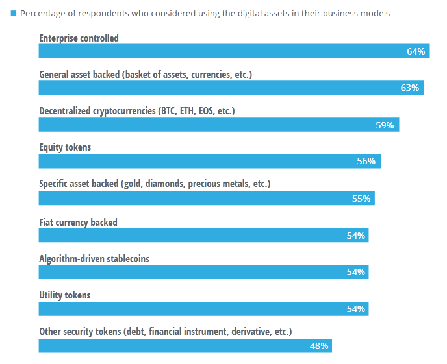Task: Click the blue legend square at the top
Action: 14,13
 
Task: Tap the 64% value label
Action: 416,51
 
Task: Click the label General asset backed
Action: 145,75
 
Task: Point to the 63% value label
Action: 409,88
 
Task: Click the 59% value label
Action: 385,125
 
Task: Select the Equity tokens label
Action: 65,147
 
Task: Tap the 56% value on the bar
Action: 366,162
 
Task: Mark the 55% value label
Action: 361,199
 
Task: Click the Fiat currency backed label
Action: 78,223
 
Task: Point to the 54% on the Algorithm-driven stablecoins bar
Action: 356,272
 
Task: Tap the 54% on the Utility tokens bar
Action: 356,309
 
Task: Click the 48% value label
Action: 319,346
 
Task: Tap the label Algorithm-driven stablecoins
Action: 94,259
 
